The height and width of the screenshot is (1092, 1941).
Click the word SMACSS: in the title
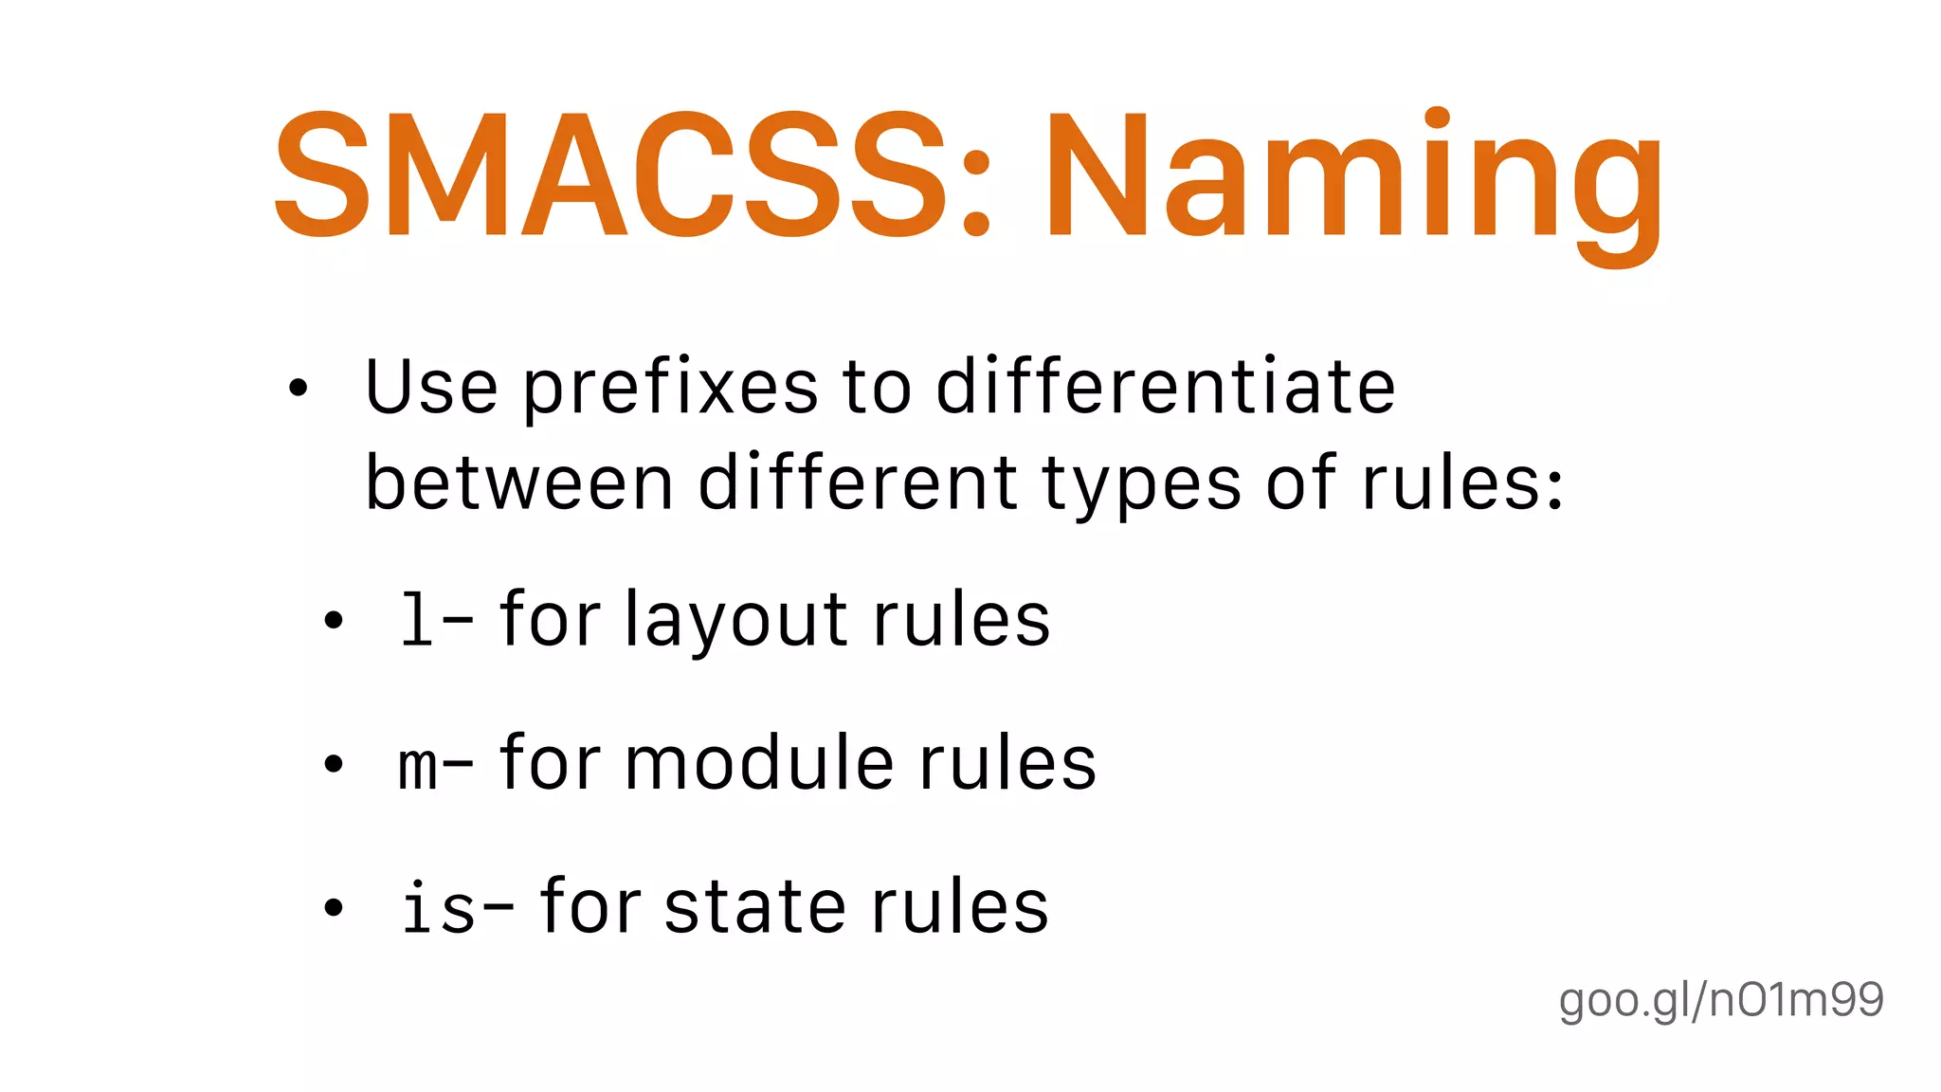pyautogui.click(x=632, y=175)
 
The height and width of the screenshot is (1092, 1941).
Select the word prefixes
pyautogui.click(x=670, y=389)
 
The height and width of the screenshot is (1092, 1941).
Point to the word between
pyautogui.click(x=519, y=483)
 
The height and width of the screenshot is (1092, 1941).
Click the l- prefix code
pyautogui.click(x=435, y=621)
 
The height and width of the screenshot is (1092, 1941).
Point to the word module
pyautogui.click(x=758, y=764)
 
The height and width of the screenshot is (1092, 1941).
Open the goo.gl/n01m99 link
pyautogui.click(x=1721, y=1000)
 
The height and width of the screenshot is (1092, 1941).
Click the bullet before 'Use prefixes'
pyautogui.click(x=299, y=388)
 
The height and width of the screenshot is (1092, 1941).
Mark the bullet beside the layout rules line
pyautogui.click(x=333, y=622)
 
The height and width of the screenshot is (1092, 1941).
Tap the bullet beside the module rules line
pyautogui.click(x=333, y=764)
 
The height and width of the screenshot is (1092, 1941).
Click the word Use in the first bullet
pyautogui.click(x=431, y=388)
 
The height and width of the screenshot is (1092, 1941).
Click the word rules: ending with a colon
pyautogui.click(x=1462, y=483)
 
